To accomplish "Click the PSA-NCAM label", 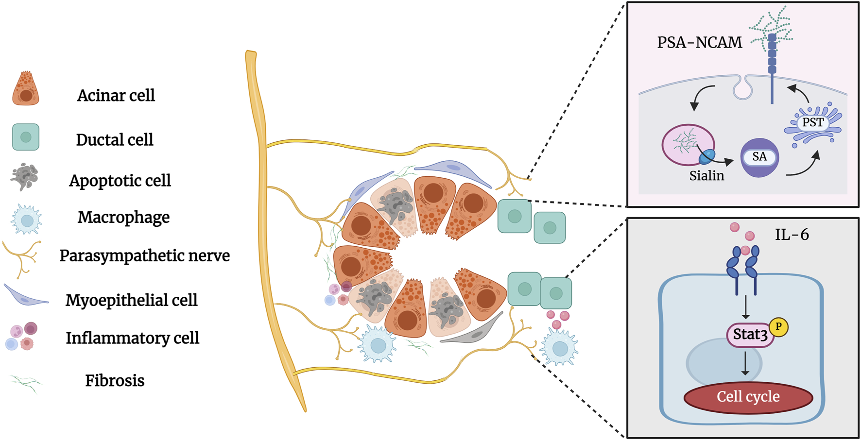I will pyautogui.click(x=699, y=43).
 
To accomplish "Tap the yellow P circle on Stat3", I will pyautogui.click(x=778, y=327).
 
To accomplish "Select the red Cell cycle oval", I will pyautogui.click(x=748, y=397).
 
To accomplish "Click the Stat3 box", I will pyautogui.click(x=750, y=335).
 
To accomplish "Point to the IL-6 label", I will pyautogui.click(x=792, y=235).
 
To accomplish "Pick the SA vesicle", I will pyautogui.click(x=759, y=157).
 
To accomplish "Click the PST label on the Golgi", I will pyautogui.click(x=812, y=123).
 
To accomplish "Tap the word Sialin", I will pyautogui.click(x=706, y=176).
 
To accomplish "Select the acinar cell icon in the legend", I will pyautogui.click(x=25, y=89).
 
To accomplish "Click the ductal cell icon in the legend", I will pyautogui.click(x=26, y=137).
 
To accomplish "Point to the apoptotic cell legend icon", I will pyautogui.click(x=24, y=177).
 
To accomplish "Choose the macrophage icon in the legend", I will pyautogui.click(x=27, y=220).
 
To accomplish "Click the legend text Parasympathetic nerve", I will pyautogui.click(x=144, y=256).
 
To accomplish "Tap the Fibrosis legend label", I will pyautogui.click(x=115, y=381).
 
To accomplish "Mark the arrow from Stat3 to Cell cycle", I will pyautogui.click(x=745, y=363).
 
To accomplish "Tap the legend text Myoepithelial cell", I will pyautogui.click(x=131, y=300).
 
